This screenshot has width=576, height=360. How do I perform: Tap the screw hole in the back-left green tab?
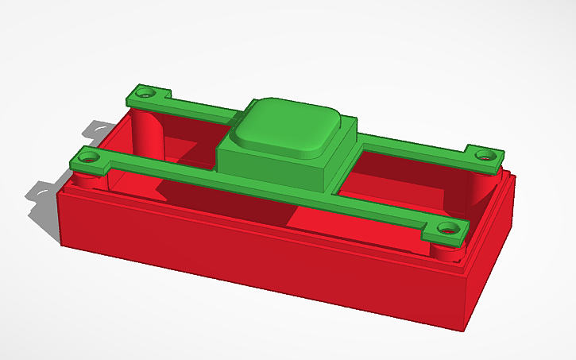[x=145, y=92]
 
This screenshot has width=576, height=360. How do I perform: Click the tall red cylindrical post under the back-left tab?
[x=147, y=131]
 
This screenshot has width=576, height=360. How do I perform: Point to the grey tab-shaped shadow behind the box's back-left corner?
[x=99, y=127]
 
